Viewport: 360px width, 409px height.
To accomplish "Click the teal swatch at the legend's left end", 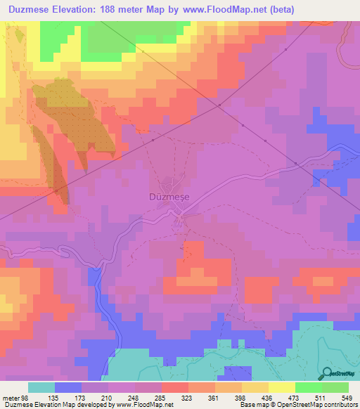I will [41, 388].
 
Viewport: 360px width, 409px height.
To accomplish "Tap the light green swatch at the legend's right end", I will [335, 388].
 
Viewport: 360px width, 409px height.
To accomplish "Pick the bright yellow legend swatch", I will [282, 388].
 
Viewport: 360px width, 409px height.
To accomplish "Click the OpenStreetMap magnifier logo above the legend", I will [326, 374].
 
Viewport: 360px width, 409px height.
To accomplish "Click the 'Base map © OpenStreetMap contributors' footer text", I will [298, 405].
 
